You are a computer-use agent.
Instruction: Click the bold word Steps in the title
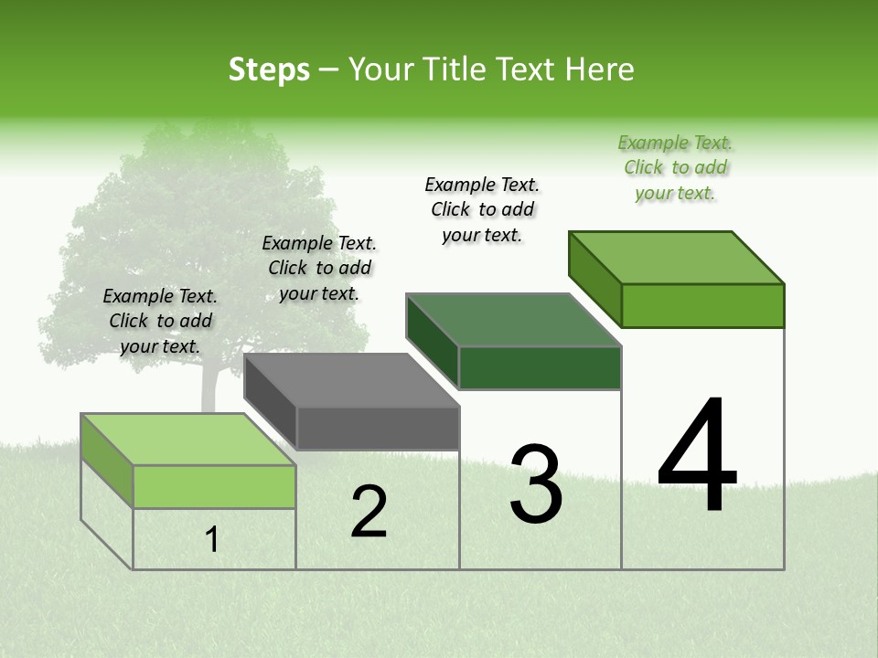point(269,69)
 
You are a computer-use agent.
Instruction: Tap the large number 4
point(697,456)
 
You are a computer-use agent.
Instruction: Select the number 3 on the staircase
point(536,484)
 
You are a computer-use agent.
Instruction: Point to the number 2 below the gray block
point(369,512)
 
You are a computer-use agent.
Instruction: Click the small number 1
point(212,540)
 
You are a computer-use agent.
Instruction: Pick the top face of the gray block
point(351,380)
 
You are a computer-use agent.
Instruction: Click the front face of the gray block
point(378,429)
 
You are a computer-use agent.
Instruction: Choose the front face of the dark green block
point(540,368)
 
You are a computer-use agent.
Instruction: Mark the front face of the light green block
point(214,486)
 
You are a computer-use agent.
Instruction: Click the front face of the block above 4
point(702,305)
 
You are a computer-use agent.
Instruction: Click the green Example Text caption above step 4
point(675,168)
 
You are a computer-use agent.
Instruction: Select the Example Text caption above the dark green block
point(482,209)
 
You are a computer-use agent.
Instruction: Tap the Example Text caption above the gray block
point(319,268)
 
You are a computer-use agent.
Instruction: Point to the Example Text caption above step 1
point(160,321)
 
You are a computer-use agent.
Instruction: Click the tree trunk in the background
point(209,388)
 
